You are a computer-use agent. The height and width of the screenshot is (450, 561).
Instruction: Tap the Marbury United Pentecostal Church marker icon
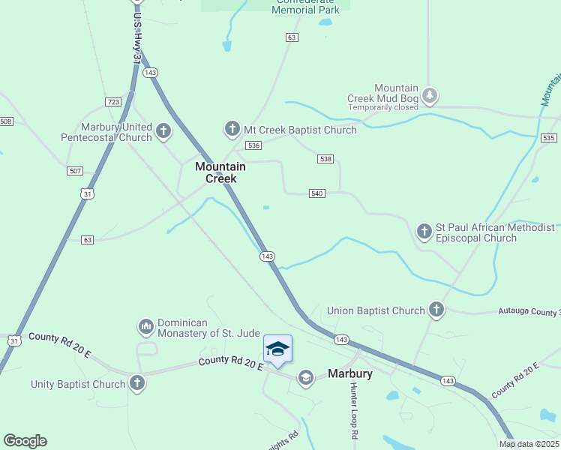(x=163, y=133)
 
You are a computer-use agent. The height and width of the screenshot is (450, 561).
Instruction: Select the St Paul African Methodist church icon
(x=424, y=232)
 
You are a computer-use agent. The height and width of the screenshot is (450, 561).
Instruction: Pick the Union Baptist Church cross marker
(x=436, y=310)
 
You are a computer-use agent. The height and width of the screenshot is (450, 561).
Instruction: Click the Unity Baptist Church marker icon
(x=136, y=384)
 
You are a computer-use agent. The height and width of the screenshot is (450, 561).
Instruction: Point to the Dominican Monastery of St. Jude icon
(x=145, y=327)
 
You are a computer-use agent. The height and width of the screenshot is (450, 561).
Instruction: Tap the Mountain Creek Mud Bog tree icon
(x=429, y=95)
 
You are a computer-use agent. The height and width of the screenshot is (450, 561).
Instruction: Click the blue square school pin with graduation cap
(x=277, y=349)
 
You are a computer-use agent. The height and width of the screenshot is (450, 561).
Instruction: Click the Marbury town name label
(x=350, y=373)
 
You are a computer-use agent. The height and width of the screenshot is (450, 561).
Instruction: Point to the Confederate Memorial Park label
(x=305, y=7)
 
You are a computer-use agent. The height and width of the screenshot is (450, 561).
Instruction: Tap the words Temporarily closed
(x=382, y=107)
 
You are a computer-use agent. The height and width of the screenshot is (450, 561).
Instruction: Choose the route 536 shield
(x=253, y=145)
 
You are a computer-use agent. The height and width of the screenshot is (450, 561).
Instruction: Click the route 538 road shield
(x=325, y=159)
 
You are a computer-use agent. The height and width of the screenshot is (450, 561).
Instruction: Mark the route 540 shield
(x=316, y=193)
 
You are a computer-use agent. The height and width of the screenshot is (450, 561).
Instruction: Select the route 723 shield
(x=113, y=102)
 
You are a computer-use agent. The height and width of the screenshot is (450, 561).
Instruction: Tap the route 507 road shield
(x=75, y=171)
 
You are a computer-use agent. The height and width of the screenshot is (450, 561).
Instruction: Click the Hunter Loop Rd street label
(x=353, y=410)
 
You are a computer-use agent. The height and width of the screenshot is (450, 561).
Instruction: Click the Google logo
(x=25, y=441)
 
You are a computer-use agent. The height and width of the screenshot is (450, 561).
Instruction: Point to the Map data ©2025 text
(x=528, y=444)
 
